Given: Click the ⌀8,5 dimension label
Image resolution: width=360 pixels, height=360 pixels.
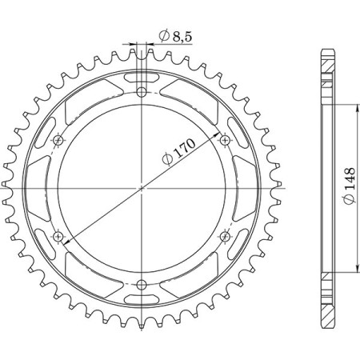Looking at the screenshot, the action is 175,37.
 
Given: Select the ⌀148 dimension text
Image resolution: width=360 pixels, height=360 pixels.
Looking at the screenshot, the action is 350,186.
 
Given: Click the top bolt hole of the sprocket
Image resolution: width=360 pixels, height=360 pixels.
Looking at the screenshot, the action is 142,93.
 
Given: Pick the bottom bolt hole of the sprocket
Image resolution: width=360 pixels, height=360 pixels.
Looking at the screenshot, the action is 142,285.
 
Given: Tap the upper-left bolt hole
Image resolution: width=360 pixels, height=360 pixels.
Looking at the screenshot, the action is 58,140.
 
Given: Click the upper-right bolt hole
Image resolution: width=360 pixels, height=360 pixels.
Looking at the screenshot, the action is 225,139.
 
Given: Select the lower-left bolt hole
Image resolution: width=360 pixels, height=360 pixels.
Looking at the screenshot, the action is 58,236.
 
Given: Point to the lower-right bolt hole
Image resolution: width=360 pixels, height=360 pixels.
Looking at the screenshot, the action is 225,236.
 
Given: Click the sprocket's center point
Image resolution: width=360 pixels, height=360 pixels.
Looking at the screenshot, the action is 142,188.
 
